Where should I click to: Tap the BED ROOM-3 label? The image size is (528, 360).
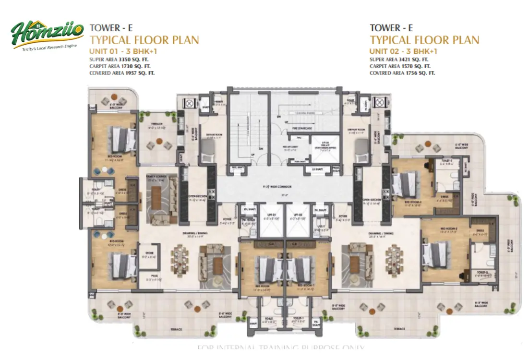pyautogui.click(x=414, y=203)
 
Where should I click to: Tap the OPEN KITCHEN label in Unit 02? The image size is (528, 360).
pyautogui.click(x=372, y=200)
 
